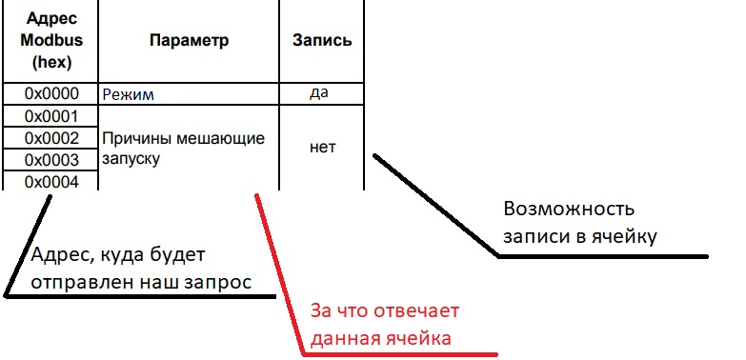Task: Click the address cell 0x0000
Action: (50, 94)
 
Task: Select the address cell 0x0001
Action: (50, 116)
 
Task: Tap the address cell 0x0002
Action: (50, 138)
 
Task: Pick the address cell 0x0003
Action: (50, 159)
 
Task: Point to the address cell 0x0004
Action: (50, 180)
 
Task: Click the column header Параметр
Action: (189, 41)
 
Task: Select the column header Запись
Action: (321, 41)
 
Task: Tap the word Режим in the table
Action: (129, 94)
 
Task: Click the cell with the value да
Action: (321, 93)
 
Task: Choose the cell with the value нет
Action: (321, 148)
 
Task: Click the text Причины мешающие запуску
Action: (181, 149)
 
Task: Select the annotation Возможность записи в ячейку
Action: (579, 222)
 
